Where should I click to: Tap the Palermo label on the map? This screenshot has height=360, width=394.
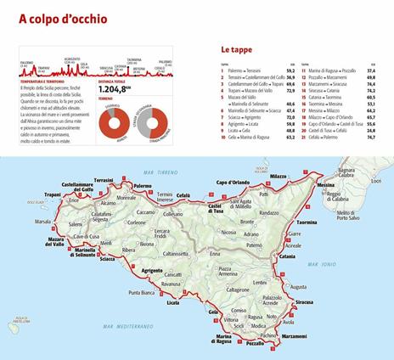[142, 184]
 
